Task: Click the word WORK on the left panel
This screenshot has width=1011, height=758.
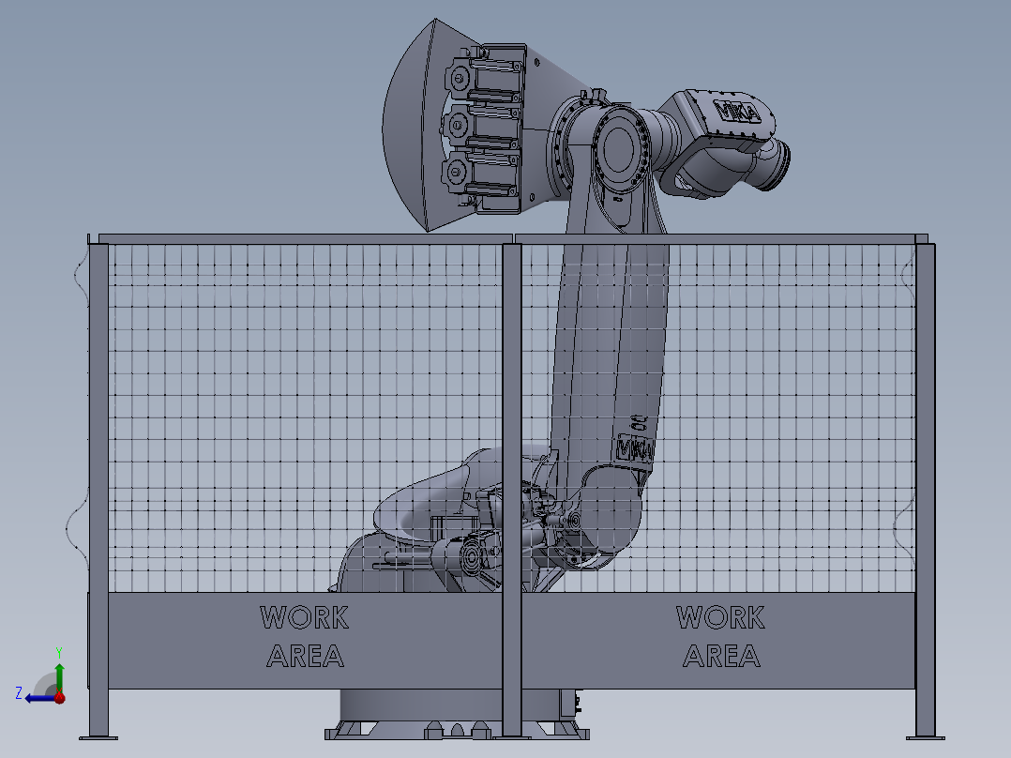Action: (x=305, y=617)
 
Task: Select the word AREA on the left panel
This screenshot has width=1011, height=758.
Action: (x=305, y=656)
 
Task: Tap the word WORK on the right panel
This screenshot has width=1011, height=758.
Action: (x=721, y=617)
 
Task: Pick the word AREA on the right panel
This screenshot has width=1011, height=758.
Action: (x=721, y=656)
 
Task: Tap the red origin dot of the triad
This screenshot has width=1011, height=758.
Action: (x=59, y=697)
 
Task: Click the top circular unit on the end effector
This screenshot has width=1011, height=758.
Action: (x=459, y=75)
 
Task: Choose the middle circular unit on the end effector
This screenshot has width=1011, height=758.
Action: (x=459, y=121)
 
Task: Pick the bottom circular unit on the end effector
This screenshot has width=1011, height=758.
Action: (x=459, y=172)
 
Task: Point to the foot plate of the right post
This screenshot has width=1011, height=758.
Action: (x=926, y=735)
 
